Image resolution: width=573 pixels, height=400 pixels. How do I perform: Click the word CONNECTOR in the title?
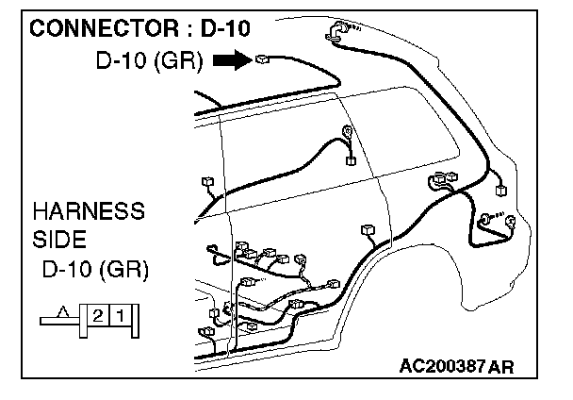click(104, 28)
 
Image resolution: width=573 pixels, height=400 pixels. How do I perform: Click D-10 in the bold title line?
click(225, 28)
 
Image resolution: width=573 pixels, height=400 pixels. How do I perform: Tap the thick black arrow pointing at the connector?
click(233, 59)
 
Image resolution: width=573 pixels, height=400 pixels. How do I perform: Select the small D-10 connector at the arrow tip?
click(262, 58)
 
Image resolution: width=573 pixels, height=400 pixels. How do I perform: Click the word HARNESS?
click(89, 211)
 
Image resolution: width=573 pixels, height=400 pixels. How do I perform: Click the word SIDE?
click(59, 240)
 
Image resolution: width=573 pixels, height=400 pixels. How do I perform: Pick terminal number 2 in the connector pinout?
click(98, 315)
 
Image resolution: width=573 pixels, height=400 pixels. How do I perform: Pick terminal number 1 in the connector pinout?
click(121, 315)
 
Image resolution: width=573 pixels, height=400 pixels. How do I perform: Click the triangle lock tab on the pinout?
click(63, 311)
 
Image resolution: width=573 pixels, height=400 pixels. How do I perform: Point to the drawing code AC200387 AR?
click(456, 366)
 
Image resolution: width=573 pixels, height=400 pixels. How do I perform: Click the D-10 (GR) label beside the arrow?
click(149, 60)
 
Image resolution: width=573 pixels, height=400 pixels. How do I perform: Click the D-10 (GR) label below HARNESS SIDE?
click(96, 270)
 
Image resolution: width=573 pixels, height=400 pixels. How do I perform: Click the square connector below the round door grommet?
click(351, 160)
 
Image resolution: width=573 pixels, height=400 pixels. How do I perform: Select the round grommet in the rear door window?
click(347, 131)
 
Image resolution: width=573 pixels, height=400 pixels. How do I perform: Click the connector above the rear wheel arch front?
click(368, 230)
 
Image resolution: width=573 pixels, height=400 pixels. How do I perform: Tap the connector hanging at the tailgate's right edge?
click(501, 191)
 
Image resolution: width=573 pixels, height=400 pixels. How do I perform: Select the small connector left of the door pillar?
click(208, 182)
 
